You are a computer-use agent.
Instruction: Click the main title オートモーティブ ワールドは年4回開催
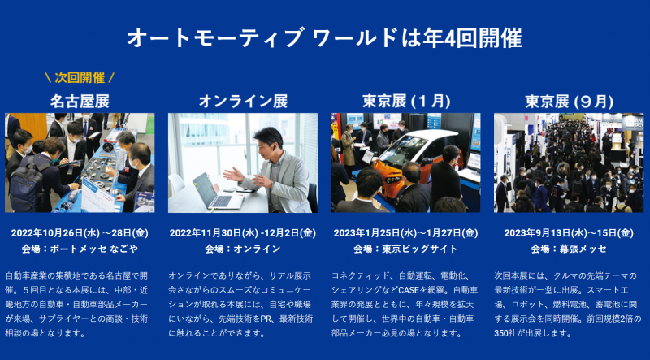coord(324,38)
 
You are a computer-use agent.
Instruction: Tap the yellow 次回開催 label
coord(80,77)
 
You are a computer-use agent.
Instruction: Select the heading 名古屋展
coord(80,102)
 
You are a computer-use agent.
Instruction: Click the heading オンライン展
coord(243,102)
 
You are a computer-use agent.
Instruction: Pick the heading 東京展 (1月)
coord(406,102)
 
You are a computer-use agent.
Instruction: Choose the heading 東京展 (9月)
coord(570,102)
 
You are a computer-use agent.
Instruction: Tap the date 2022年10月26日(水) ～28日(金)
coord(80,233)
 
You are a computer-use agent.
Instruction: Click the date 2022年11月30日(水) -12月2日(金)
coord(243,233)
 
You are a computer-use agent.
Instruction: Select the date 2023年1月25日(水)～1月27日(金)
coord(405,233)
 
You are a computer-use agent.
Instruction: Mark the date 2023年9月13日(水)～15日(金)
coord(569,233)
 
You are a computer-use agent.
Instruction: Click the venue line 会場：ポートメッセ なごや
coord(80,249)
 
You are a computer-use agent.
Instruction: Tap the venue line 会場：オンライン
coord(243,249)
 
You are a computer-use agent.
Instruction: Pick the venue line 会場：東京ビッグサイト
coord(405,249)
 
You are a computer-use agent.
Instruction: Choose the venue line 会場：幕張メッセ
coord(569,249)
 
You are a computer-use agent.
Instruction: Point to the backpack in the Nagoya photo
coord(26,187)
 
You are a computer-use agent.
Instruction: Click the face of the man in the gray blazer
coord(270,145)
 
